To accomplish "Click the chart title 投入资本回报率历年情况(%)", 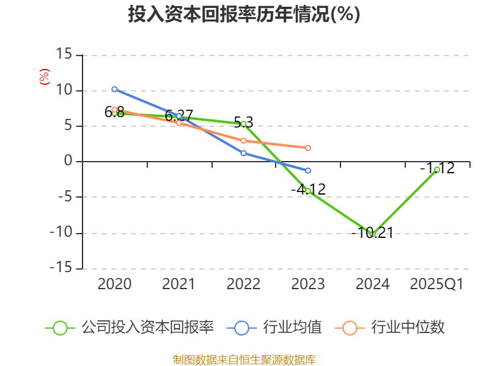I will (244, 15).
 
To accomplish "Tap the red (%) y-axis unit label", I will (44, 77).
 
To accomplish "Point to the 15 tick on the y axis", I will (64, 55).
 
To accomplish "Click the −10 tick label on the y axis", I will (61, 233).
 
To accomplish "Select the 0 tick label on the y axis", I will (68, 162).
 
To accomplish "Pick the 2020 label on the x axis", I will (114, 284).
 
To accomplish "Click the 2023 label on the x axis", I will (308, 284).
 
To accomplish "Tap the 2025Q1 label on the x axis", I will (436, 284).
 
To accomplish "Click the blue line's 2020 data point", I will (114, 89).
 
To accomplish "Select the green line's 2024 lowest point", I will (372, 234).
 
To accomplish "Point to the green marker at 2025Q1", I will (437, 170).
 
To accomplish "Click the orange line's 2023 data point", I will (308, 148).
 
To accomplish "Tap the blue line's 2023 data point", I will (308, 170).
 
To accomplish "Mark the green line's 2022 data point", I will (243, 124).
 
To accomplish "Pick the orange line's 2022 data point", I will (243, 140).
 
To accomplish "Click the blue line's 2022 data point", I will (243, 153).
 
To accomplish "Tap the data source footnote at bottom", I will (244, 359).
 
